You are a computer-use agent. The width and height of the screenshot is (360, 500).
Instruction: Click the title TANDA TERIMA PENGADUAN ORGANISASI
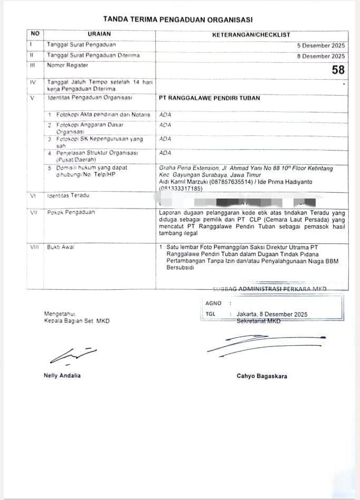178,19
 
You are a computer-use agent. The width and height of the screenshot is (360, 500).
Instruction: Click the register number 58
338,70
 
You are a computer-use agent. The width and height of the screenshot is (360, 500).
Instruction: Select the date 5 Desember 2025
320,45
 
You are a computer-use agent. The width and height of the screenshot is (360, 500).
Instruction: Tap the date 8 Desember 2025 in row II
320,55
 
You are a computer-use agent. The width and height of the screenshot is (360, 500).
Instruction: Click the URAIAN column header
99,34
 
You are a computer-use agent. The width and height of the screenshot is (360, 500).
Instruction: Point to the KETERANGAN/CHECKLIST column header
251,34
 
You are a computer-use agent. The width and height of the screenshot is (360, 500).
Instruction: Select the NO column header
35,33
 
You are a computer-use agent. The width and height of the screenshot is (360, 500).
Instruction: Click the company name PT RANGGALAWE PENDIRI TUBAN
210,98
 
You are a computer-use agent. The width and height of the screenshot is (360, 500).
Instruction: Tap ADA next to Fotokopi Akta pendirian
165,115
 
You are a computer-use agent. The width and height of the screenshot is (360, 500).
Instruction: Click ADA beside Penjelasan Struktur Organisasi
165,153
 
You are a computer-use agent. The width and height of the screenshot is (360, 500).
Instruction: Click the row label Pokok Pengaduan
71,212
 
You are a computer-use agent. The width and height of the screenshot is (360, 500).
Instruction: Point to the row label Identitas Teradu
69,196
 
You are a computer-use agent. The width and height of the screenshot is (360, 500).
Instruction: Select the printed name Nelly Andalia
62,375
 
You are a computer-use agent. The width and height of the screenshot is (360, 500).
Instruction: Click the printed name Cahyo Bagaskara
262,376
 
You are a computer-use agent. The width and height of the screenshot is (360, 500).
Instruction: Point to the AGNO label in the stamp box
213,304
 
